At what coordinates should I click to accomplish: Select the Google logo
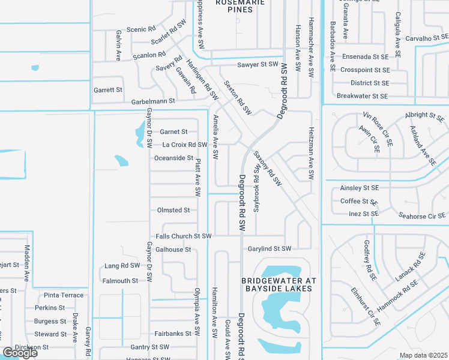[x=20, y=353]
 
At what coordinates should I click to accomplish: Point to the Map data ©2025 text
[x=423, y=355]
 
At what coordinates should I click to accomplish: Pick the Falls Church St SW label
[x=184, y=236]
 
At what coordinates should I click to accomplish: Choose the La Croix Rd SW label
[x=185, y=145]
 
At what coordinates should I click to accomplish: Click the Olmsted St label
[x=173, y=211]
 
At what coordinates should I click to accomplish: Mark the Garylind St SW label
[x=269, y=248]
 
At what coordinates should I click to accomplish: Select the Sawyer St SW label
[x=258, y=64]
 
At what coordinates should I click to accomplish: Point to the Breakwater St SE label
[x=362, y=96]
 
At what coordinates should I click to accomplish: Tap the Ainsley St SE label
[x=360, y=188]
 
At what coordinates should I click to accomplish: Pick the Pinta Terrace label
[x=64, y=295]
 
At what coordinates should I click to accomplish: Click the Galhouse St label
[x=173, y=250]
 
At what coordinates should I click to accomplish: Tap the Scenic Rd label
[x=141, y=29]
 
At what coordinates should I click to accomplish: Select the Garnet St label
[x=173, y=131]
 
